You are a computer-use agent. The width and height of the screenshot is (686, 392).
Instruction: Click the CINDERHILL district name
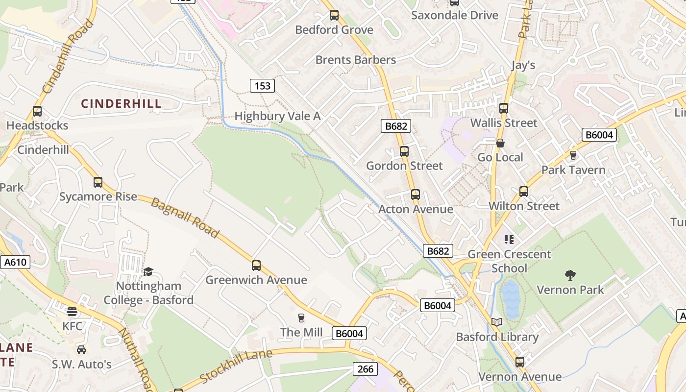point(121,103)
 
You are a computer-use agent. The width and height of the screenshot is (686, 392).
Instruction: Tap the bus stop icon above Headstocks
point(37,111)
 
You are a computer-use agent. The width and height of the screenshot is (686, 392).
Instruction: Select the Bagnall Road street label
point(184,218)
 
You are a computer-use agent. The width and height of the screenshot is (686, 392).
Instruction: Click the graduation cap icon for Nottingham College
point(148,271)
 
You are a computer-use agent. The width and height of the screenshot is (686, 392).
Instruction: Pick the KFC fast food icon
point(72,312)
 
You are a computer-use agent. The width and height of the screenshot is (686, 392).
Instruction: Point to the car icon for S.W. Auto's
point(81,350)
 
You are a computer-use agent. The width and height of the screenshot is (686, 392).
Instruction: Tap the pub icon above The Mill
point(301,318)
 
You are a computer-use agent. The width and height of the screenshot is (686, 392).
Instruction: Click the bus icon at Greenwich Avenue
point(256,266)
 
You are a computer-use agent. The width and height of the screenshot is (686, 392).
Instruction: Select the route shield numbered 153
point(262,86)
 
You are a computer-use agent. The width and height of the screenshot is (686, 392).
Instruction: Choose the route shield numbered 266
point(366,369)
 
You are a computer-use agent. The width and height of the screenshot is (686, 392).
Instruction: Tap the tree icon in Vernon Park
point(570,275)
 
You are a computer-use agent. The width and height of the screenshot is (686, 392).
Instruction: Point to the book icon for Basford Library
point(497,322)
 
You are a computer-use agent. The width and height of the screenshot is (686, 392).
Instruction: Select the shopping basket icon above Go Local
point(500,143)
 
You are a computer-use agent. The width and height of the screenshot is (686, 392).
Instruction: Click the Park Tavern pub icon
point(573,155)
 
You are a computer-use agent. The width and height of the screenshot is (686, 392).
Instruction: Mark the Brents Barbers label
point(355,60)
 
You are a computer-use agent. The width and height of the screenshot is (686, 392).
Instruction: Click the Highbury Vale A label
point(277,116)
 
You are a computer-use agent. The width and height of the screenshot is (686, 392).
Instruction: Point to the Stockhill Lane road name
point(229,366)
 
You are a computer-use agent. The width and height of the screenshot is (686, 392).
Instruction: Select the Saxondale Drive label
point(455,15)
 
